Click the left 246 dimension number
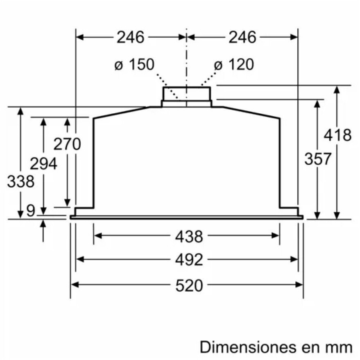click(x=130, y=37)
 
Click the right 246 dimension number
click(x=242, y=37)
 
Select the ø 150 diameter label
click(x=134, y=64)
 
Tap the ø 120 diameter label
click(x=234, y=64)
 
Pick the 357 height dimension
click(x=318, y=158)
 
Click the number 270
click(x=67, y=144)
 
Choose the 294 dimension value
click(x=43, y=164)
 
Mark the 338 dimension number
click(x=21, y=181)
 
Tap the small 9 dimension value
click(x=31, y=210)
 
